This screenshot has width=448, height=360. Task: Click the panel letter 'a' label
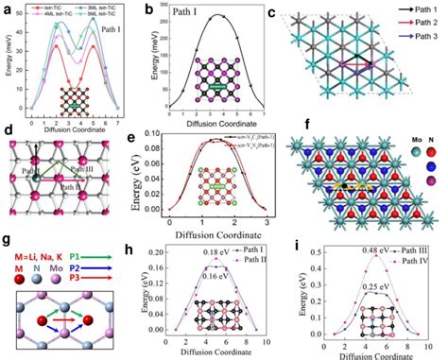(7, 8)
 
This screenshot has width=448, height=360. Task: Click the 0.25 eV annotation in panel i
(362, 282)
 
